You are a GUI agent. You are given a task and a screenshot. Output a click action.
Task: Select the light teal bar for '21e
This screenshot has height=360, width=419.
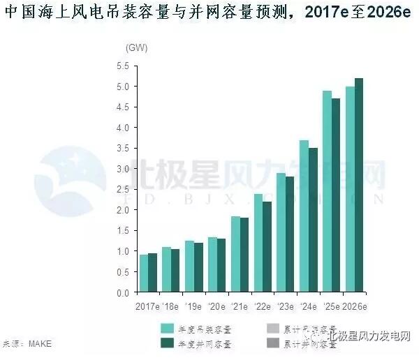pos(235,254)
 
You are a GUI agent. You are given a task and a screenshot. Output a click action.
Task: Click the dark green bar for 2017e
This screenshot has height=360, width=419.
pos(152,272)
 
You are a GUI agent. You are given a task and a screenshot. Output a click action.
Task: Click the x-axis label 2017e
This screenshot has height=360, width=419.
pos(147,306)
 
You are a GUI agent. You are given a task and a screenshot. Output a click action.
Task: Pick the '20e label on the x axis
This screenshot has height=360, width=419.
pos(216,306)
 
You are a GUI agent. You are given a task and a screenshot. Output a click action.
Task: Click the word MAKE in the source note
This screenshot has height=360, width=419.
pos(40,343)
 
